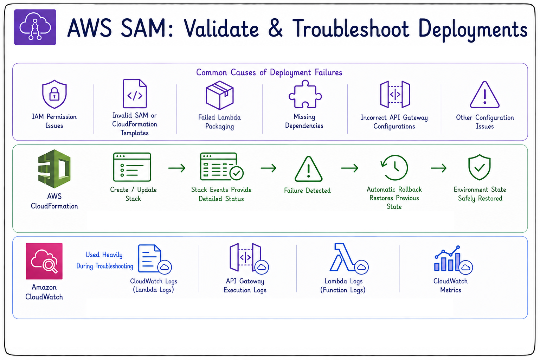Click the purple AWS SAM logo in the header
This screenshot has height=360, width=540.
tap(35, 27)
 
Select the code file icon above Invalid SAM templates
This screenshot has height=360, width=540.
tap(135, 94)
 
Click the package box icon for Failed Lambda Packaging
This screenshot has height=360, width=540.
tap(220, 95)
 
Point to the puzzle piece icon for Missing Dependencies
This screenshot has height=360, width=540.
tap(305, 94)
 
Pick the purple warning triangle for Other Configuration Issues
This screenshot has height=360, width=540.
tap(484, 95)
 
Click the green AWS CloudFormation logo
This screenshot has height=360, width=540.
tap(54, 168)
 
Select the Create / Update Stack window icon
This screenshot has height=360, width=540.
tap(132, 167)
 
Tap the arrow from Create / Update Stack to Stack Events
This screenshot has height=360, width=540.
tap(177, 168)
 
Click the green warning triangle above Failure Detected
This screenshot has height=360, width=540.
tap(308, 169)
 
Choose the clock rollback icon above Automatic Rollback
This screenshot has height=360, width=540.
tap(394, 168)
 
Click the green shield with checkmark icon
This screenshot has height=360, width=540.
tap(479, 167)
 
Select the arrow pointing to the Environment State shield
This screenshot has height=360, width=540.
tap(438, 168)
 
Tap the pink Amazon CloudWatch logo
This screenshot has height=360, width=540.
tap(44, 261)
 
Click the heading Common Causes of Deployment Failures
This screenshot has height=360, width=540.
tap(269, 72)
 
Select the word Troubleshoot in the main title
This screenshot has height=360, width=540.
tap(351, 28)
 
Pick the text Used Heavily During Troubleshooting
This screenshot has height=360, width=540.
tap(105, 260)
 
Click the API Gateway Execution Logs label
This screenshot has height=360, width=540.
tap(245, 285)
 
